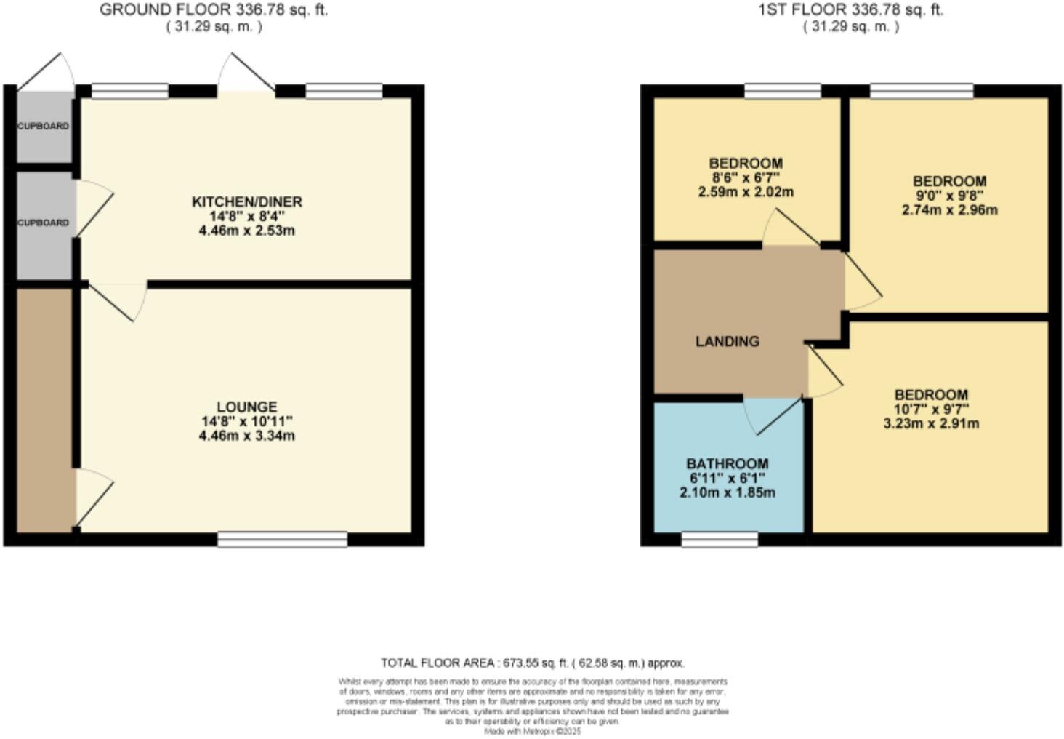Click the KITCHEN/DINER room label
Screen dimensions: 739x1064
coord(246,201)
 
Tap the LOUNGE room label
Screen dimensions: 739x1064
coord(246,407)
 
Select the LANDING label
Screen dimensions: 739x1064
coord(727,341)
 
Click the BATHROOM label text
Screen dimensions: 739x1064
coord(727,463)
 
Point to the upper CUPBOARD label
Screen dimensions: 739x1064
coord(44,126)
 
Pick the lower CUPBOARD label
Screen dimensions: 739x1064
coord(44,223)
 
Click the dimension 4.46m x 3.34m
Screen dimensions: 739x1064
coord(246,436)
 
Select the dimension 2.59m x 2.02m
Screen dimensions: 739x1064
coord(746,192)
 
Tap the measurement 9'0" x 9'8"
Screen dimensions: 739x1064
coord(949,196)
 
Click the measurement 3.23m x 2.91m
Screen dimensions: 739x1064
coord(931,423)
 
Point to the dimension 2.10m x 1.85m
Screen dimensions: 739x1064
coord(727,492)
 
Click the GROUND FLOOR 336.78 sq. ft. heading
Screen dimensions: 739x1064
coord(214,10)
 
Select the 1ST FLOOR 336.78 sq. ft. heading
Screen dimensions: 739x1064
coord(850,10)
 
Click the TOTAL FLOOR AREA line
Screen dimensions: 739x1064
coord(532,663)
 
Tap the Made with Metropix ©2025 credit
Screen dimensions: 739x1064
coord(532,732)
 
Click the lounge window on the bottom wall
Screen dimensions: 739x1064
coord(282,539)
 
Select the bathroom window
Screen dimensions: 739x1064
coord(720,539)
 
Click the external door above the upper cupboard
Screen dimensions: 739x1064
coord(48,73)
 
